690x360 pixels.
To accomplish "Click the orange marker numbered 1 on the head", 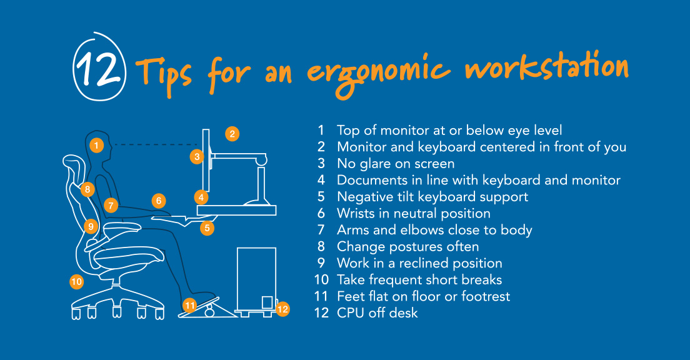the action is [96, 145].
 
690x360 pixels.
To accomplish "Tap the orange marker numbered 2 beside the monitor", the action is [232, 133].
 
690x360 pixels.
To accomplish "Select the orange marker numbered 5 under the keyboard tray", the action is [207, 228].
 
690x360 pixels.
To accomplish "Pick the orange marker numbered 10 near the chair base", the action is [77, 282].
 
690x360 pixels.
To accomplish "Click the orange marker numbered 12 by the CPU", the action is [282, 309].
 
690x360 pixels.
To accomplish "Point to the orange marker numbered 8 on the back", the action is [87, 189].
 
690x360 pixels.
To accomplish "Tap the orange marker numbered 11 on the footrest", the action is [189, 305].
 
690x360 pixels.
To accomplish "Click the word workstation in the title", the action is [547, 67].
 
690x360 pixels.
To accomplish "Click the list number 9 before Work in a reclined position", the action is [321, 263].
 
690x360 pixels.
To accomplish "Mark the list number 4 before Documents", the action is [321, 180].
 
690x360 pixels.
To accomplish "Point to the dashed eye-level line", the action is [156, 144].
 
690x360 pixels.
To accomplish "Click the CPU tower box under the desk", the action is [256, 279].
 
